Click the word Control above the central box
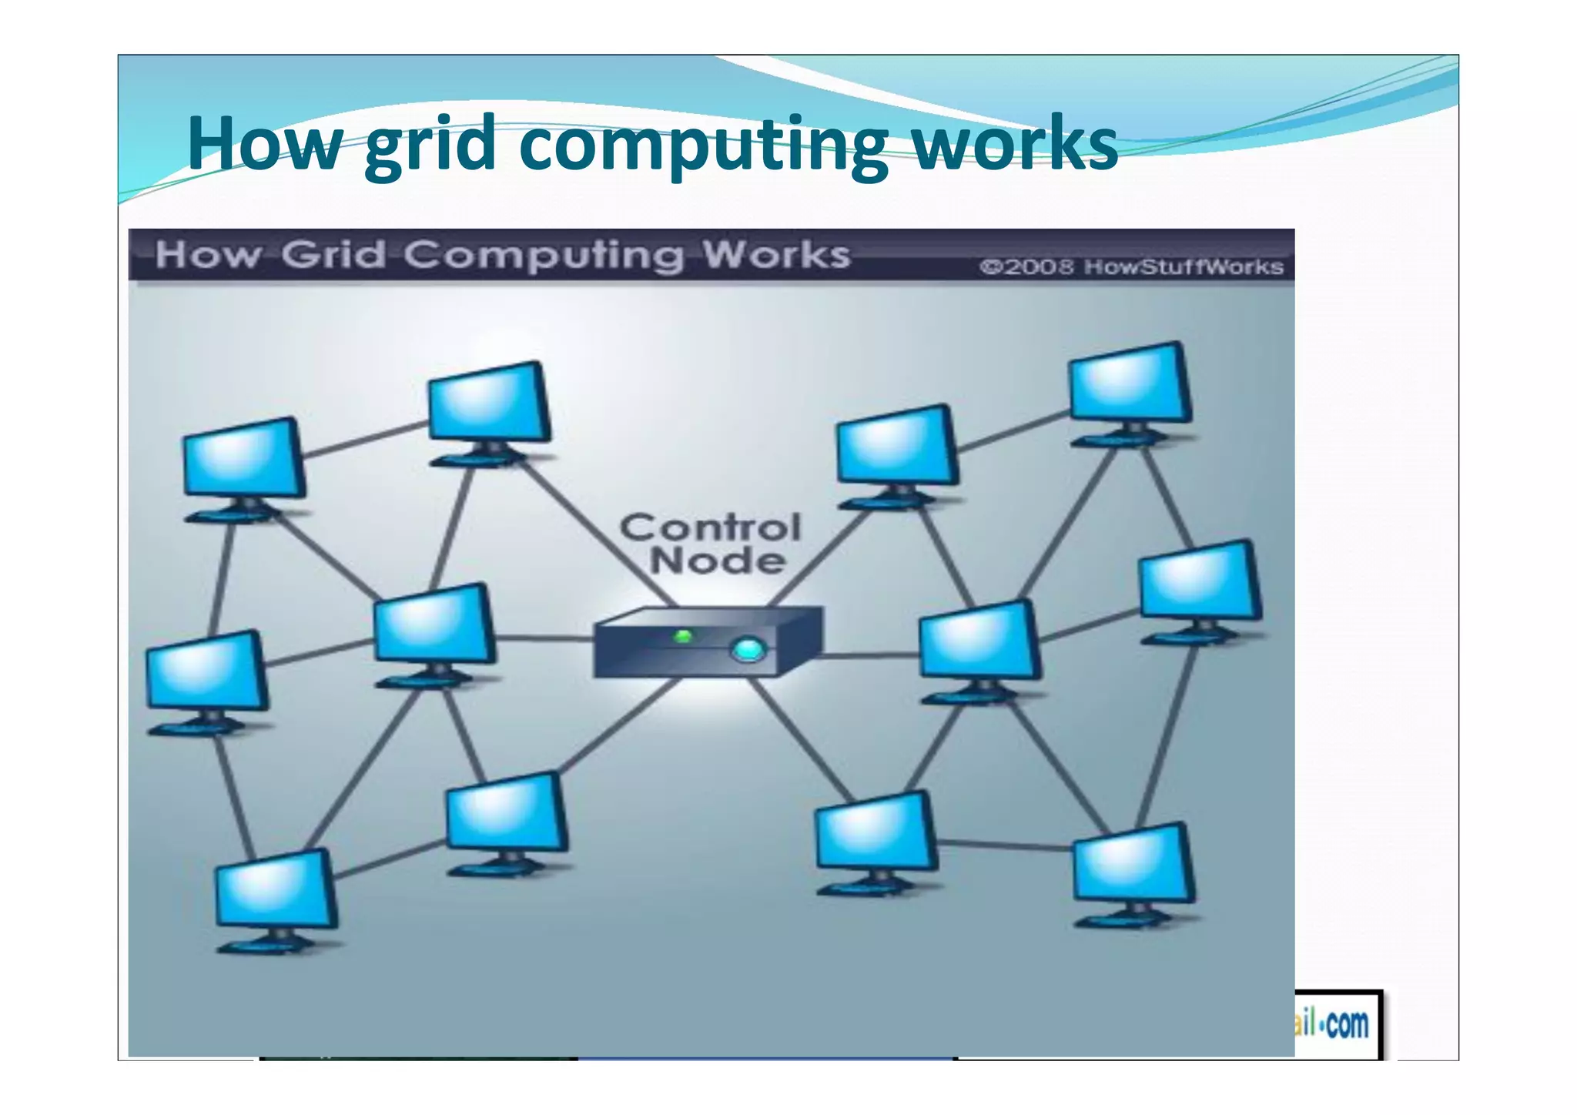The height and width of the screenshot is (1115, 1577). coord(711,528)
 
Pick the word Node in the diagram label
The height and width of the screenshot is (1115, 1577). coord(718,561)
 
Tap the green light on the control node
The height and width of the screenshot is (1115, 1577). coord(683,636)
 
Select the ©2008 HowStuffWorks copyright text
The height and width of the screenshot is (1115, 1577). coord(1131,267)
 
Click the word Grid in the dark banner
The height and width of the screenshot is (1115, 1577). coord(333,255)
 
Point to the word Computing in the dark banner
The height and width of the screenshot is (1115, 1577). coord(543,255)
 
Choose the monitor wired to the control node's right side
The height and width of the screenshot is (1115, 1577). coord(979,641)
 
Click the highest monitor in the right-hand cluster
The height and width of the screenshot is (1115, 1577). coord(1130,383)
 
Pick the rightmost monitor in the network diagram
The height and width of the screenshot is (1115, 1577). coord(1199,581)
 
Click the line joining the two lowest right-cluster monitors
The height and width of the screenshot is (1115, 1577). coord(1005,845)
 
